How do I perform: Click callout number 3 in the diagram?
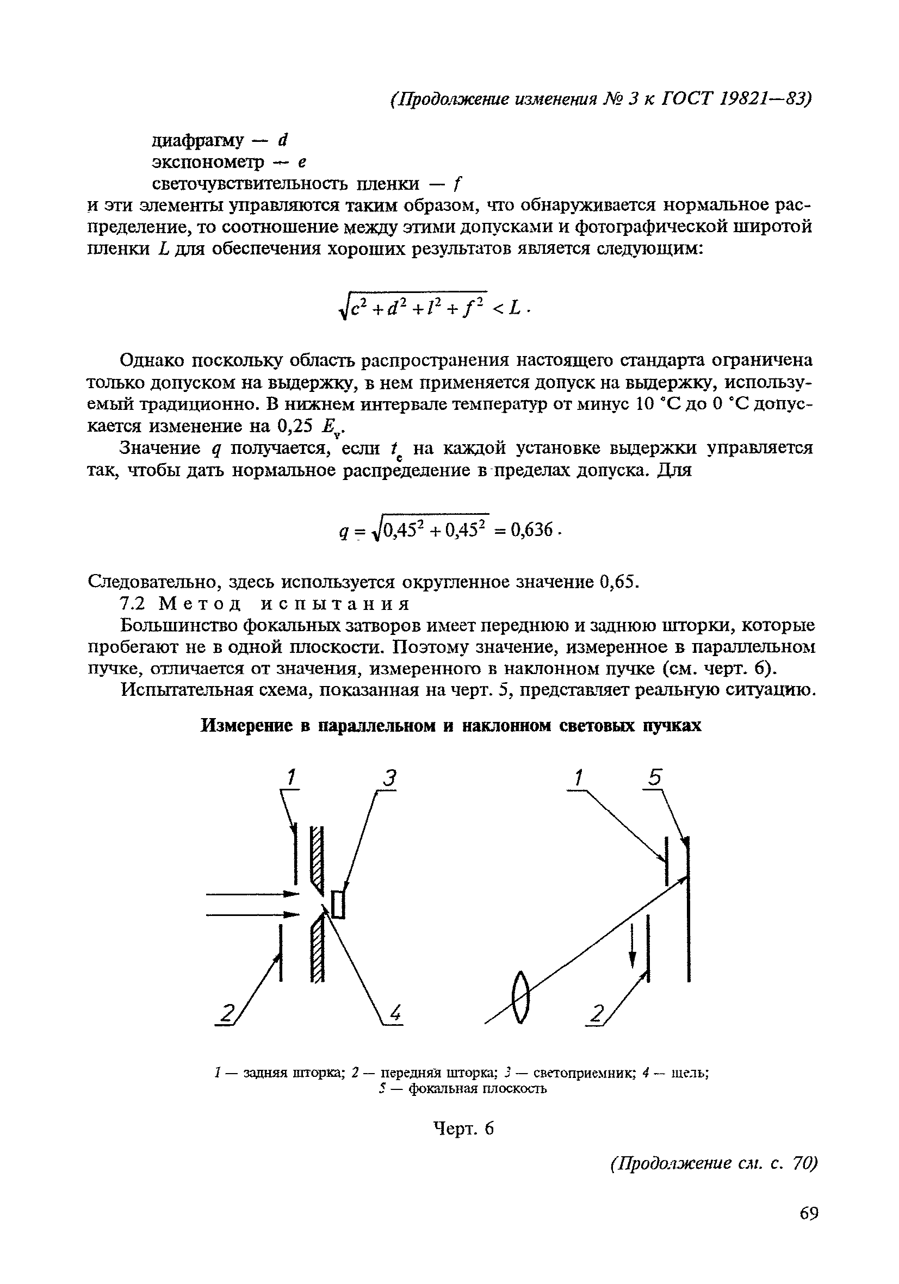(389, 778)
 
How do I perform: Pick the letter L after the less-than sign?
(514, 306)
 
